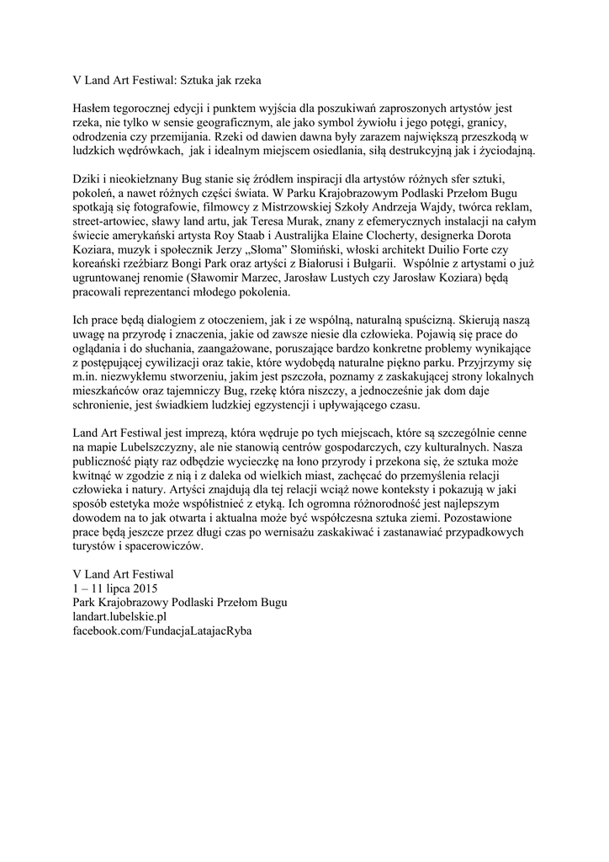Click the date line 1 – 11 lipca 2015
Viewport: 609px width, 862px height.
coord(115,587)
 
